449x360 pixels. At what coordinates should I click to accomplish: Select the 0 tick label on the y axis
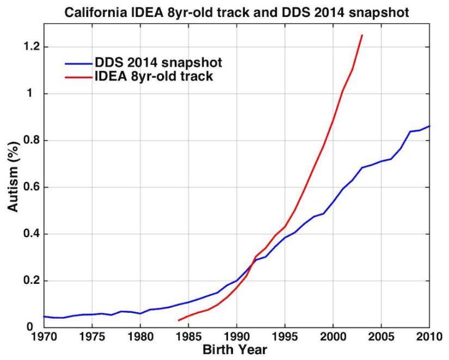tap(35, 327)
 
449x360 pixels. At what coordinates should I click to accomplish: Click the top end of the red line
tap(362, 35)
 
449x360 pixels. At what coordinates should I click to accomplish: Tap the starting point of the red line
tap(179, 320)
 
